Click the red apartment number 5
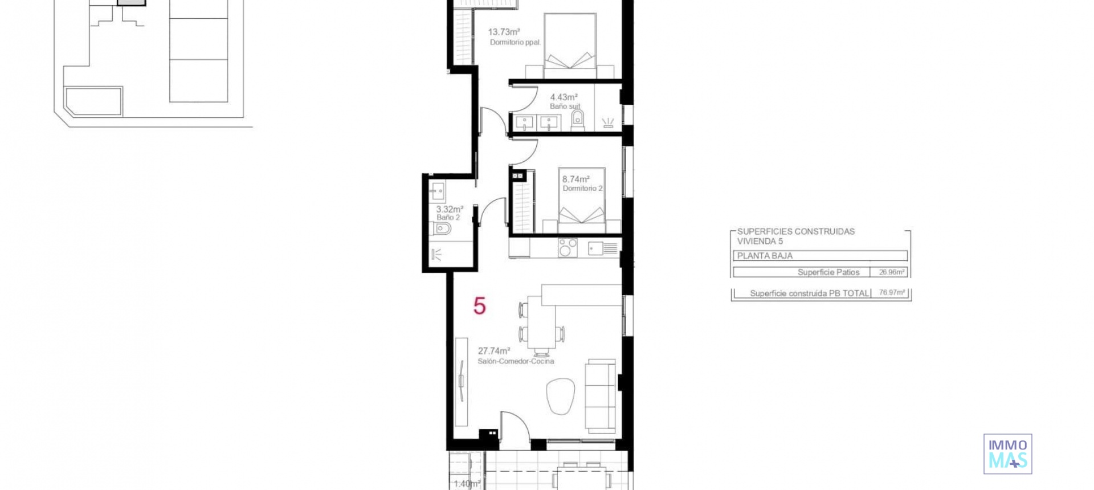click(479, 307)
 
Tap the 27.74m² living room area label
click(493, 351)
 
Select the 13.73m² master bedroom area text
click(504, 32)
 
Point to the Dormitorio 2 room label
click(582, 189)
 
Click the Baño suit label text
click(565, 107)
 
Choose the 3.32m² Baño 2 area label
click(449, 209)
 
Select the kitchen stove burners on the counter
click(568, 248)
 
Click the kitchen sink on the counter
click(596, 248)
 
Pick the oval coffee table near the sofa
click(560, 396)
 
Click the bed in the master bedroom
click(570, 46)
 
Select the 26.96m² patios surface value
click(891, 272)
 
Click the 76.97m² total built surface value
click(891, 293)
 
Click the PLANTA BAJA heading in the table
click(765, 256)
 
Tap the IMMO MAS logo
click(1007, 454)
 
